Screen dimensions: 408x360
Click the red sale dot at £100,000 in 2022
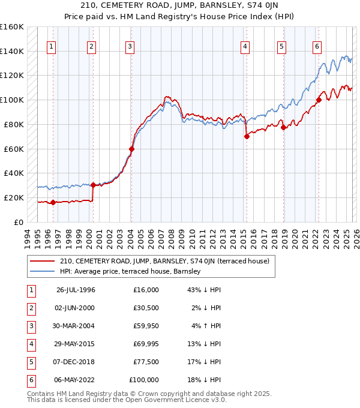[x=319, y=100]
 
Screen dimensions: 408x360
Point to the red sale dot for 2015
[x=247, y=136]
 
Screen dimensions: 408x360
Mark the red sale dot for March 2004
[x=131, y=149]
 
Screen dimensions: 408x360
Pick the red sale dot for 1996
[x=53, y=202]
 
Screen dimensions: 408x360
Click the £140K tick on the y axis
[x=13, y=52]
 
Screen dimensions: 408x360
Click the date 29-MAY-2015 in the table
[x=76, y=344]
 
